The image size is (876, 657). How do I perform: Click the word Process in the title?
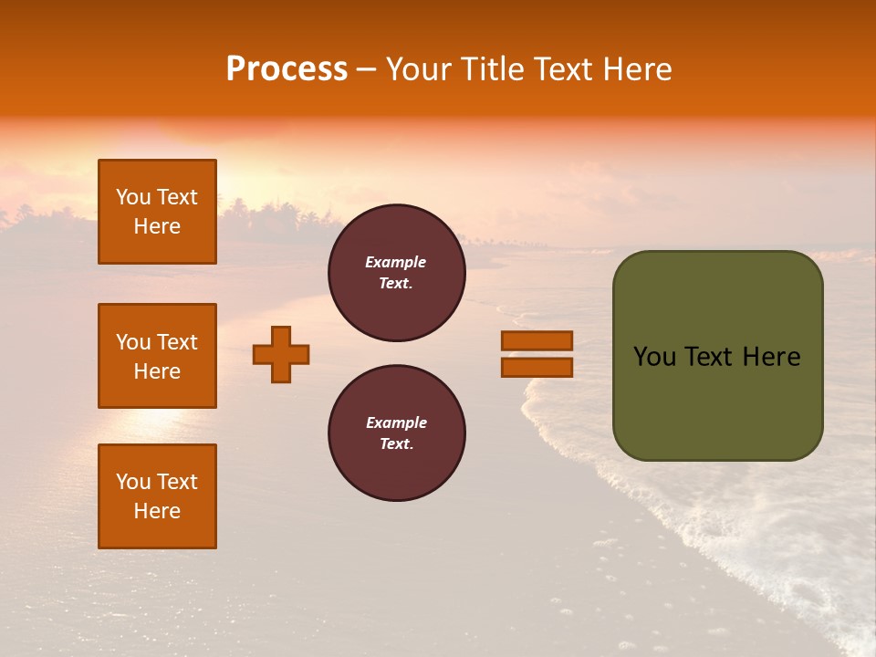(x=287, y=69)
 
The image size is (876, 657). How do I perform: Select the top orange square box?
(x=157, y=212)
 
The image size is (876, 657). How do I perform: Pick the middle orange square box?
(x=157, y=356)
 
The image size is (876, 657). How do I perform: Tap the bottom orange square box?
(x=157, y=496)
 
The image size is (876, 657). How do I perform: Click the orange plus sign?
(x=281, y=354)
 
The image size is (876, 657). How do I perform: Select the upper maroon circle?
(x=396, y=273)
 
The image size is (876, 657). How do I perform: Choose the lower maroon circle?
(x=396, y=433)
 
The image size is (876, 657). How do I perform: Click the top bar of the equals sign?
(x=537, y=340)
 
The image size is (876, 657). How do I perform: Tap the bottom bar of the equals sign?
(x=537, y=368)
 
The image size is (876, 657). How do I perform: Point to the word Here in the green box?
(x=771, y=357)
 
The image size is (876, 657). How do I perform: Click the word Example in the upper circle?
(x=396, y=262)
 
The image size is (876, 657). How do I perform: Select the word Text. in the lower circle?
(x=396, y=444)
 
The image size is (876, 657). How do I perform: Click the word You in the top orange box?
(x=133, y=197)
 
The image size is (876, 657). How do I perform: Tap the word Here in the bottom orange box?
(x=157, y=511)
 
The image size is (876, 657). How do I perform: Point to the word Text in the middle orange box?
(x=177, y=342)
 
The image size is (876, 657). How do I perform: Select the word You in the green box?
(x=654, y=357)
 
